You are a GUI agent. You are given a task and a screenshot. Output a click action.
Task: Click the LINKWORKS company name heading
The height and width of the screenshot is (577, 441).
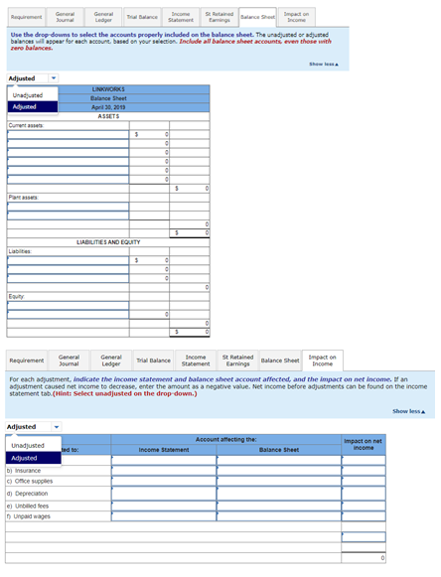pos(107,89)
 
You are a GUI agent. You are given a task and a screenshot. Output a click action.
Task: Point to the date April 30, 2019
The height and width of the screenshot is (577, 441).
pos(107,107)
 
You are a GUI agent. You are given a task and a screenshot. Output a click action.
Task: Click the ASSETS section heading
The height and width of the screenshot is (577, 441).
pos(107,116)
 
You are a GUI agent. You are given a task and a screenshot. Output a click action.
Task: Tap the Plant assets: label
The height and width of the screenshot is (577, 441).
pos(23,198)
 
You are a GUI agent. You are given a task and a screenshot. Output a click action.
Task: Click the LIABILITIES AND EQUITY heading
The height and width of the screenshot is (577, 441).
pos(107,242)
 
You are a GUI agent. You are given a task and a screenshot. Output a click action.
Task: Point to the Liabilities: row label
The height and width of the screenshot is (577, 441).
pos(21,251)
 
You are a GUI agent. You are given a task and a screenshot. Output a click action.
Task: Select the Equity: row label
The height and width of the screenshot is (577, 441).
pos(17,295)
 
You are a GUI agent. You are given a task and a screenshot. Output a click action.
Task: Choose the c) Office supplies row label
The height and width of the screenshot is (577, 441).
pos(30,482)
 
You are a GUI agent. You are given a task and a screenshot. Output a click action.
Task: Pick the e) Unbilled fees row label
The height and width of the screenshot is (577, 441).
pos(29,505)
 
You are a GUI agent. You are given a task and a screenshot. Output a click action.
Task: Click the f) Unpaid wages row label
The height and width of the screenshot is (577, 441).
pos(29,516)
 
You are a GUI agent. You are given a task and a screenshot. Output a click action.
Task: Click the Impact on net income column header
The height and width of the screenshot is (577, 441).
pos(363,444)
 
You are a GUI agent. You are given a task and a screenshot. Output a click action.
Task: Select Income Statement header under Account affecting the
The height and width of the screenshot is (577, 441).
pos(164,450)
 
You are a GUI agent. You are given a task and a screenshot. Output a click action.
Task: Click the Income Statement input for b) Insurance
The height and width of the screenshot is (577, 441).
pos(164,470)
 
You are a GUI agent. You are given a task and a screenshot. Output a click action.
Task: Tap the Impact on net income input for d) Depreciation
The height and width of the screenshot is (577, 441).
pos(363,494)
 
